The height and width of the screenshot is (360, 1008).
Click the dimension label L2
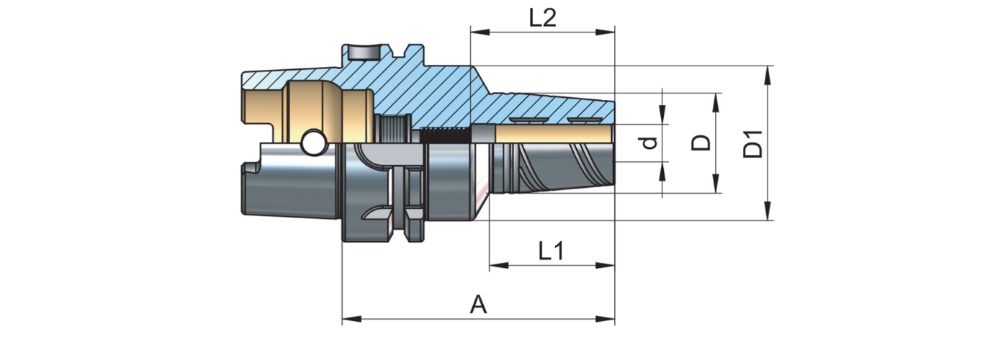(542, 18)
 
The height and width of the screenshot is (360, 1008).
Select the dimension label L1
(552, 251)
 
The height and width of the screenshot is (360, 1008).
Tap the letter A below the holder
(479, 305)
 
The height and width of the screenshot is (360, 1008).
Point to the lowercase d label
(650, 143)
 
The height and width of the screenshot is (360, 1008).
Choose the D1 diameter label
(753, 143)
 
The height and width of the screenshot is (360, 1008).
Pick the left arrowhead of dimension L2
(475, 32)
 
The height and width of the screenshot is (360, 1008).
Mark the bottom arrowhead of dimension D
(716, 188)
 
